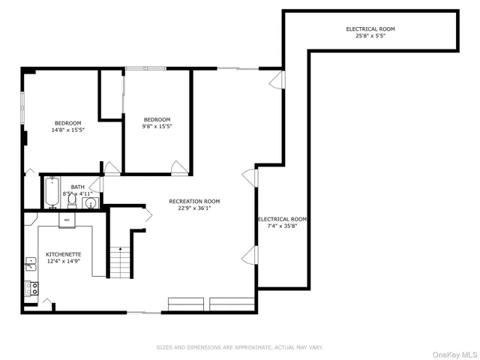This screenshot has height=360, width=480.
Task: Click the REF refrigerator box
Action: tap(67, 220)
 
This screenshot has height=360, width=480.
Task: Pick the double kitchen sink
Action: tap(31, 263)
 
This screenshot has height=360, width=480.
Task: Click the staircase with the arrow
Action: tap(120, 262)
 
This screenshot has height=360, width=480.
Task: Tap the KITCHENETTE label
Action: tap(63, 254)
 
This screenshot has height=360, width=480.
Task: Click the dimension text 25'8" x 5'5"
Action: tap(370, 36)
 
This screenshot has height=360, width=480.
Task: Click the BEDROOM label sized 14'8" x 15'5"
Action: tap(67, 123)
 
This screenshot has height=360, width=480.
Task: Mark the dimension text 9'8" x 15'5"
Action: tap(157, 127)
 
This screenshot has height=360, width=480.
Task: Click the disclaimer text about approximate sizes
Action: tap(239, 347)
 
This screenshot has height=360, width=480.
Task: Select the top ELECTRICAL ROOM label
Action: tap(370, 28)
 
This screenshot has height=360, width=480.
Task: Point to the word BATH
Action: tap(77, 187)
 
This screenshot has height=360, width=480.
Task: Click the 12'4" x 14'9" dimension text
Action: tap(63, 262)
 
